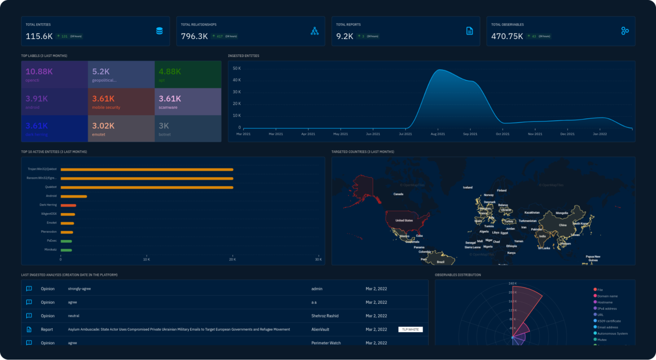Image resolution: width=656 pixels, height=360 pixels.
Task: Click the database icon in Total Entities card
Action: (159, 31)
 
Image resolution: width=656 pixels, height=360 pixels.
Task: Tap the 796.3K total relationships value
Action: (194, 36)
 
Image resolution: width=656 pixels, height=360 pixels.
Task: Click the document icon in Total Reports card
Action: (469, 31)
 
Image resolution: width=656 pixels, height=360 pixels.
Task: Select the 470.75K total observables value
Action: (507, 36)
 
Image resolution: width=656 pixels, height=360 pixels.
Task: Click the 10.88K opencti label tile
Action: (54, 74)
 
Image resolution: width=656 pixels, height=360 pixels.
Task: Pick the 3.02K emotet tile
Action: (121, 128)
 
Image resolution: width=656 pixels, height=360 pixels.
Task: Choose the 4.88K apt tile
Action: (188, 74)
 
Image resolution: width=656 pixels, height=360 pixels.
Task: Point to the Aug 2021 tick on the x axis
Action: (438, 134)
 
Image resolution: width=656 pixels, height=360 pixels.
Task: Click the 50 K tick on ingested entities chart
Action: (237, 68)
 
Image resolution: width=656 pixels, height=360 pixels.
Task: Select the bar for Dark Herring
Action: (68, 205)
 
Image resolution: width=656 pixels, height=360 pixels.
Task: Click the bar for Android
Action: (73, 196)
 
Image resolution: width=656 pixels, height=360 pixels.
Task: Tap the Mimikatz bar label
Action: (50, 250)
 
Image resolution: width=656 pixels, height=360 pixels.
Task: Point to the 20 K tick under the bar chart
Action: (232, 259)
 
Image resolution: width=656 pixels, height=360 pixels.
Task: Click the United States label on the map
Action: (404, 221)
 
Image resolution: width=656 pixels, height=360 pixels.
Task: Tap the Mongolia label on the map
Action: (562, 213)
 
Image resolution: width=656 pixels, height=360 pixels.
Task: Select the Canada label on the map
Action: (398, 194)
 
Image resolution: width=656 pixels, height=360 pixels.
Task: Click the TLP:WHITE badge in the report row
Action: (410, 330)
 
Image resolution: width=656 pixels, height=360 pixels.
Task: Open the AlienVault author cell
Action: (320, 330)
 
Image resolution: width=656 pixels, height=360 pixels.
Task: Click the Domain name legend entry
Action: (607, 296)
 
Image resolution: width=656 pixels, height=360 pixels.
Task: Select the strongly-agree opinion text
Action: (79, 289)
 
